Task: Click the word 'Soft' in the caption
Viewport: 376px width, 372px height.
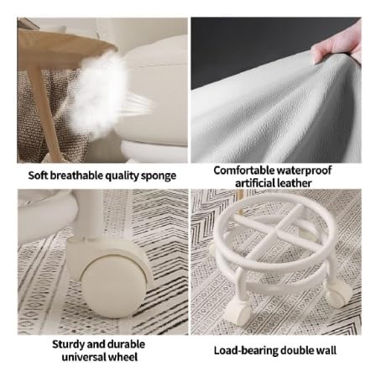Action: point(38,176)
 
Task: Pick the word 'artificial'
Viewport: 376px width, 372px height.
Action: point(253,183)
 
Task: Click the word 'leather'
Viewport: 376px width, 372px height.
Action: point(293,183)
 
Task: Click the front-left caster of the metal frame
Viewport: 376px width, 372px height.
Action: point(237,313)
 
